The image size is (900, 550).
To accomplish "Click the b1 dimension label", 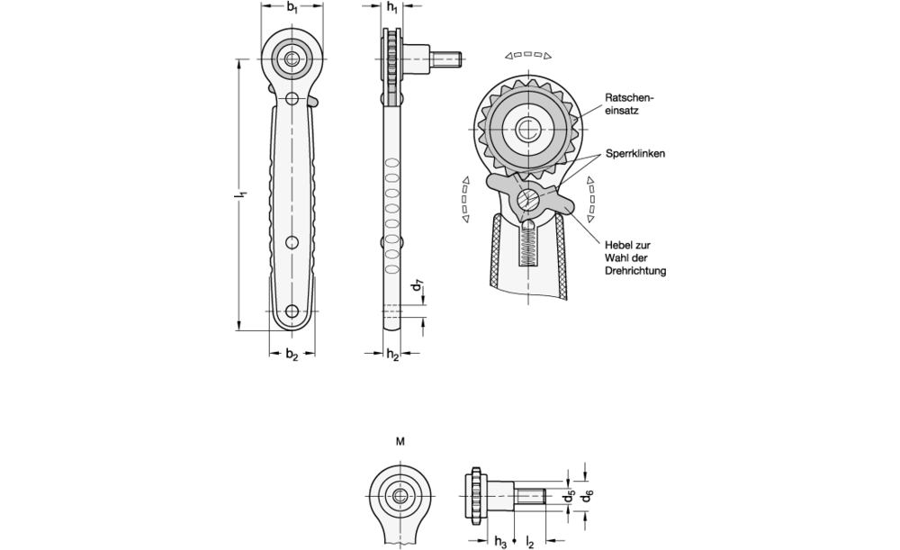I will tap(292, 9).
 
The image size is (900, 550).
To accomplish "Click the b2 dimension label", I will tap(292, 356).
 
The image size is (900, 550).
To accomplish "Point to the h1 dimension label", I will tap(391, 9).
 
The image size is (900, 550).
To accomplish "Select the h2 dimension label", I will tap(392, 356).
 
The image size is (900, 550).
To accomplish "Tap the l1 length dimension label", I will tap(243, 195).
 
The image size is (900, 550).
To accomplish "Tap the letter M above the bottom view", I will tap(400, 441).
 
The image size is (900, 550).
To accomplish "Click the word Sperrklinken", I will tap(635, 154).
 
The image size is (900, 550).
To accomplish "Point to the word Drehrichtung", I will tap(635, 271).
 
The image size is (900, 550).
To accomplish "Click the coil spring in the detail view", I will tap(528, 244).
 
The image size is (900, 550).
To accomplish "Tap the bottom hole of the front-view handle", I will tap(292, 311).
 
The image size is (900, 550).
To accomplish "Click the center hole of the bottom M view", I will tap(400, 494).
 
